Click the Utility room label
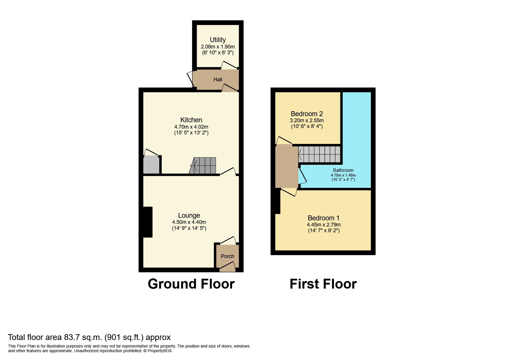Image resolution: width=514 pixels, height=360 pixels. tap(218, 40)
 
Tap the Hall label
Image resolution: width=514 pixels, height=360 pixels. tap(218, 80)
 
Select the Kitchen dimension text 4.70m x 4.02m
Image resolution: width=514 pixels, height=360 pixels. tap(191, 127)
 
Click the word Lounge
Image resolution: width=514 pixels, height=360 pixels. tap(189, 215)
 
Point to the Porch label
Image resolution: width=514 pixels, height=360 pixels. tap(228, 256)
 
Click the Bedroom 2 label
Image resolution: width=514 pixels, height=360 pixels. tap(307, 114)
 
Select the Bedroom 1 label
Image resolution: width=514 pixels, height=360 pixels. tap(324, 218)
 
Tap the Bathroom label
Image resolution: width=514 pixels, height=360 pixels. tap(343, 170)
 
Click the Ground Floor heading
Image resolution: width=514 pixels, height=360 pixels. tap(191, 284)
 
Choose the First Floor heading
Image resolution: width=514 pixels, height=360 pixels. tap(323, 284)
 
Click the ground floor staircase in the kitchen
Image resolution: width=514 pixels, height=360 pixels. tap(203, 166)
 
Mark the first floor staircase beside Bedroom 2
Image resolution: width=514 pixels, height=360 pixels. tap(319, 154)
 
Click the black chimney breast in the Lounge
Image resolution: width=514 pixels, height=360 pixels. tap(148, 222)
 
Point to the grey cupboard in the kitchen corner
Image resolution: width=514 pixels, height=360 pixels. tap(151, 165)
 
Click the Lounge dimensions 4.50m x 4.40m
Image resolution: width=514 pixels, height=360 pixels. tap(189, 222)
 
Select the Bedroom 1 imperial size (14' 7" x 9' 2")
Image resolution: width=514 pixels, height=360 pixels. tap(324, 231)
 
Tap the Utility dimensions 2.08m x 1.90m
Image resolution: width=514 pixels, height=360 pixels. tap(218, 47)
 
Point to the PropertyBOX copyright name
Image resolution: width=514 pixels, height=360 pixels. tap(160, 351)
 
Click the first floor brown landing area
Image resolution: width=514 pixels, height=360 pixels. tap(287, 166)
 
